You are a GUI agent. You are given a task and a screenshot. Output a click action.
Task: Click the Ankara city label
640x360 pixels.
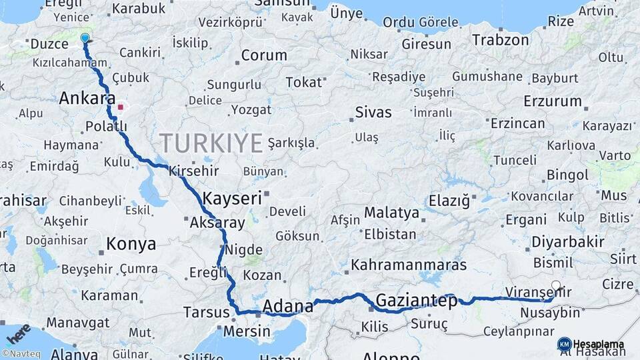click(87, 99)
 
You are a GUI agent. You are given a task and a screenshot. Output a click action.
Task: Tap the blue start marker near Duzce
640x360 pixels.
click(85, 39)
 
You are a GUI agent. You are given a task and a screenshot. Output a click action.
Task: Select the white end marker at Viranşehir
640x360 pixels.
click(556, 286)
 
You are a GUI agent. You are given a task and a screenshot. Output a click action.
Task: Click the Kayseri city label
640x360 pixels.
click(232, 198)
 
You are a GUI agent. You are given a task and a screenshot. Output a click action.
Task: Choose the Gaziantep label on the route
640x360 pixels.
click(417, 301)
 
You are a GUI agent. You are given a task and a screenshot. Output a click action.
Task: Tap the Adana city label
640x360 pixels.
click(288, 307)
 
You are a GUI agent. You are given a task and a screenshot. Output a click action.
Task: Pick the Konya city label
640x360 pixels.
click(131, 243)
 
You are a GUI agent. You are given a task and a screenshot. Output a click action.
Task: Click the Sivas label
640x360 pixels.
click(373, 111)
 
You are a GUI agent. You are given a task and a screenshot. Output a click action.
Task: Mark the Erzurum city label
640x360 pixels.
click(553, 101)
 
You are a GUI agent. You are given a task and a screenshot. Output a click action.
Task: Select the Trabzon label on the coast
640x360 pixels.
click(500, 40)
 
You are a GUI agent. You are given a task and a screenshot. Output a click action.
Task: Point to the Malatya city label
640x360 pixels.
click(391, 213)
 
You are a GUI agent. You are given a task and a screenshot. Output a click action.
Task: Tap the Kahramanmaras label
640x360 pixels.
click(409, 264)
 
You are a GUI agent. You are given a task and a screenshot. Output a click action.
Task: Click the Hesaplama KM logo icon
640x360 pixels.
click(564, 343)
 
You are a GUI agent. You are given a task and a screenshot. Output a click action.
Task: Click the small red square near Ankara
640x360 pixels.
click(120, 107)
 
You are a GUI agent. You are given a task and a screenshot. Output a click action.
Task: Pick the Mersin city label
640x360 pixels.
click(247, 331)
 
